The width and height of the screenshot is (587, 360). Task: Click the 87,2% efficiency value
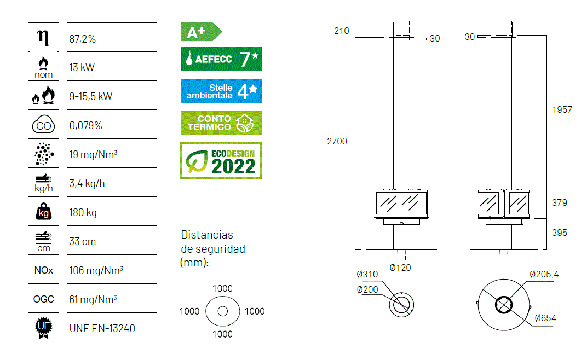click(x=82, y=39)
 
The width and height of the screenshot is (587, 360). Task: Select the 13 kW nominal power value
click(x=82, y=68)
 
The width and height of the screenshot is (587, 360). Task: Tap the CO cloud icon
click(x=43, y=125)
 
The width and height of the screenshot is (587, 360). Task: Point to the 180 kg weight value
click(x=83, y=213)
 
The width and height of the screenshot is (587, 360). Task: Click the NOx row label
click(x=43, y=270)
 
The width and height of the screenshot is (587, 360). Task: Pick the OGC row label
click(x=43, y=299)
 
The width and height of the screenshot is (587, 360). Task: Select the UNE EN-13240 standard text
click(x=102, y=329)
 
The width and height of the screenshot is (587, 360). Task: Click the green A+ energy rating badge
click(x=201, y=32)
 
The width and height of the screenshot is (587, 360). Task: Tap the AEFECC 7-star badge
click(x=221, y=59)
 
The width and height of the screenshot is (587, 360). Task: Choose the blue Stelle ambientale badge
click(x=221, y=91)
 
